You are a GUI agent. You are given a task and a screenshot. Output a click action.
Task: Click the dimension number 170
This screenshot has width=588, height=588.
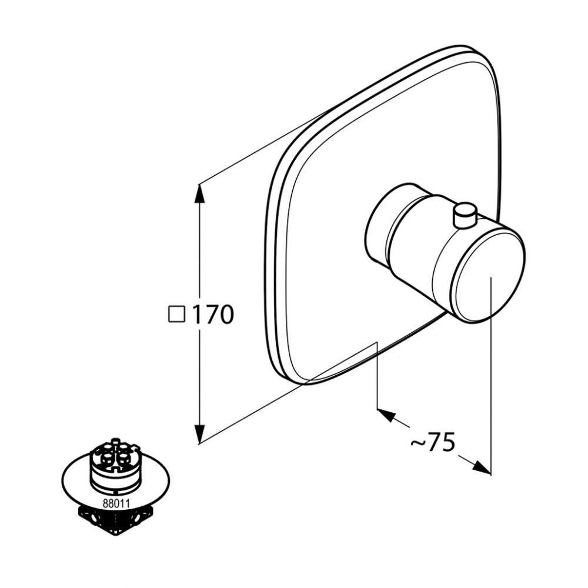(x=213, y=314)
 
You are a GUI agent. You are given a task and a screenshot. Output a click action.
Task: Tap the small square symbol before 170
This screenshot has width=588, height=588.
(x=176, y=314)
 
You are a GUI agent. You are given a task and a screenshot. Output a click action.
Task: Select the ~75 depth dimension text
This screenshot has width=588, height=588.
(x=433, y=442)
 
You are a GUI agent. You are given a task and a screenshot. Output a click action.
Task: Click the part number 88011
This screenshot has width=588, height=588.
(x=116, y=503)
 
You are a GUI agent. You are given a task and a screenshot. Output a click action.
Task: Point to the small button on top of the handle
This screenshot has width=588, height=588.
(x=465, y=216)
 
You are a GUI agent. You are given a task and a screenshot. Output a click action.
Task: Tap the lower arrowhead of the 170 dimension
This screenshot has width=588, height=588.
(x=201, y=433)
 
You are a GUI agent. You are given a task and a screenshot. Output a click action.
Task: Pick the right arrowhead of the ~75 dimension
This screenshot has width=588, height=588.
(x=481, y=467)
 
